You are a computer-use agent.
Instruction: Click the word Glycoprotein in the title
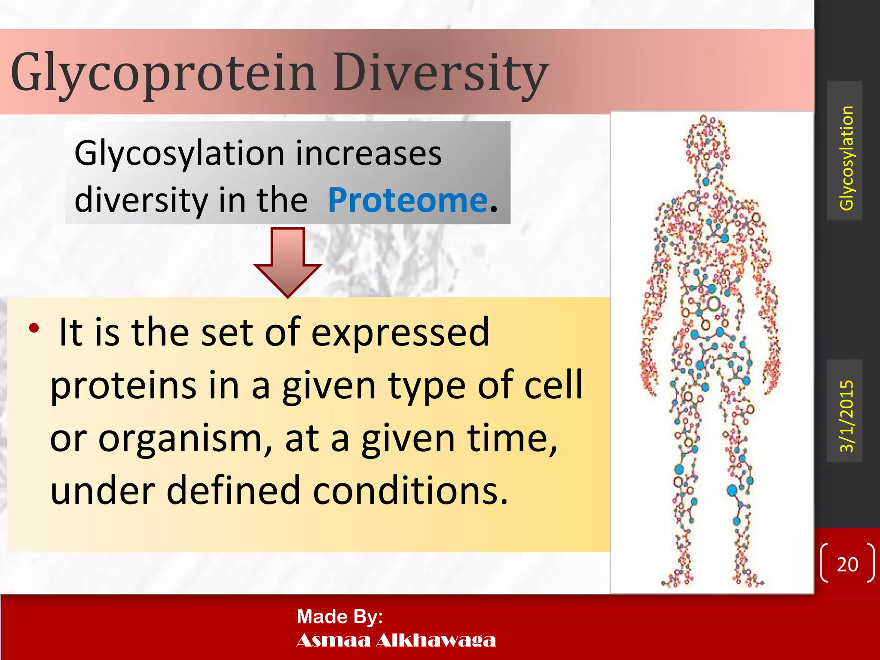tap(163, 73)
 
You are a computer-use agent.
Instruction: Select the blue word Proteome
tap(408, 200)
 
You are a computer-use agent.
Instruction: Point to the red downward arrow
tap(287, 262)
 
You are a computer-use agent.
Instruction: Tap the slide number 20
tap(847, 564)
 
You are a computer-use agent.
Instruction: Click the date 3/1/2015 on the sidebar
tap(846, 416)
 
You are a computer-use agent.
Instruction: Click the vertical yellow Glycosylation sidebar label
tap(846, 158)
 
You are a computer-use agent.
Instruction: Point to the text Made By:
tap(339, 617)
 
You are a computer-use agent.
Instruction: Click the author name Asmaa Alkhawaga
tap(396, 640)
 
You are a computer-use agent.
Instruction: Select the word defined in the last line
tap(233, 491)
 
